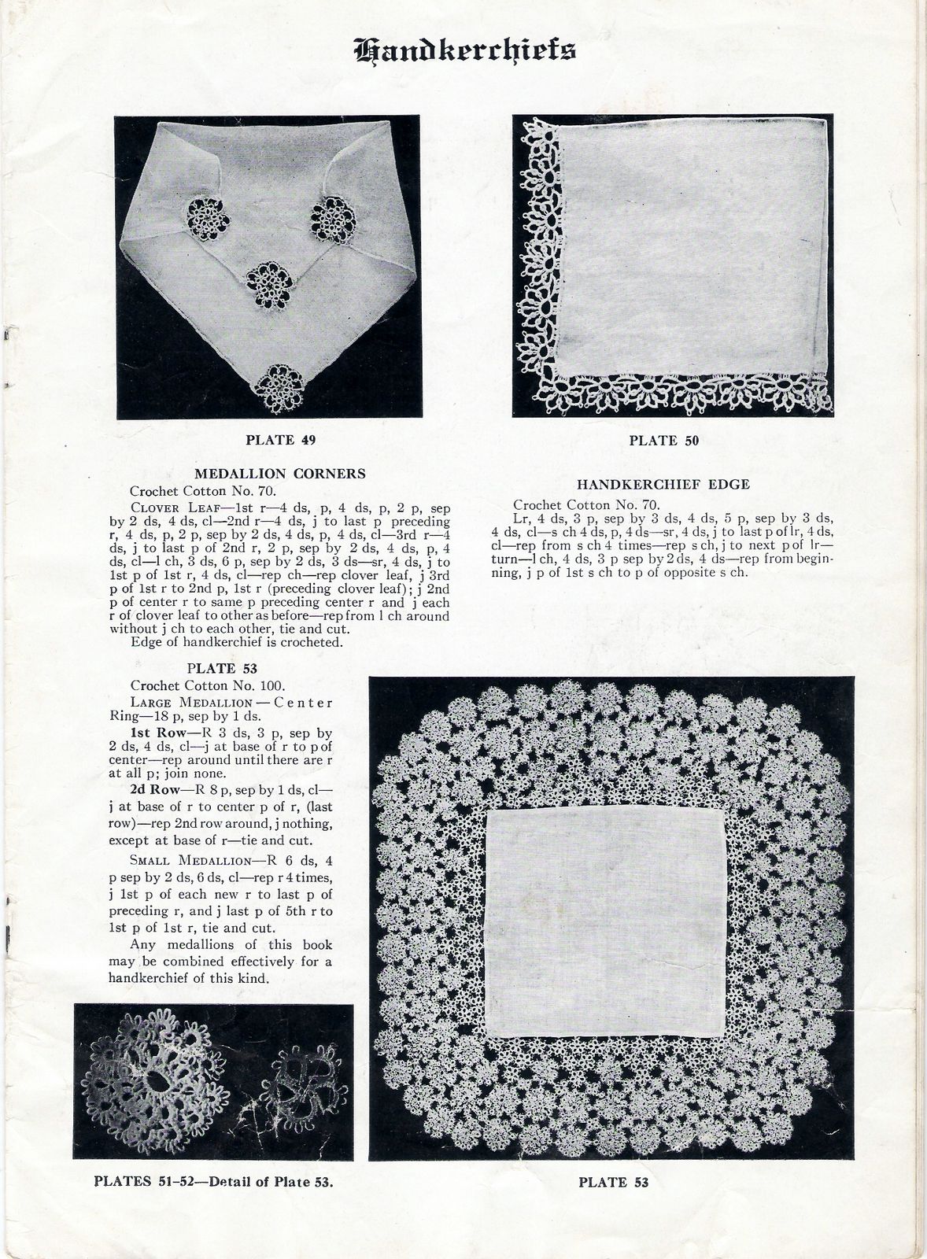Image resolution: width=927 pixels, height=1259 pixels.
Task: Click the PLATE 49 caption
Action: click(281, 440)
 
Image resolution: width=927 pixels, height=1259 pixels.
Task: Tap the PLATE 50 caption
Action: click(663, 441)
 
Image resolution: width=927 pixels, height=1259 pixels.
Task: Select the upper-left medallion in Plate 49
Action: click(208, 216)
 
